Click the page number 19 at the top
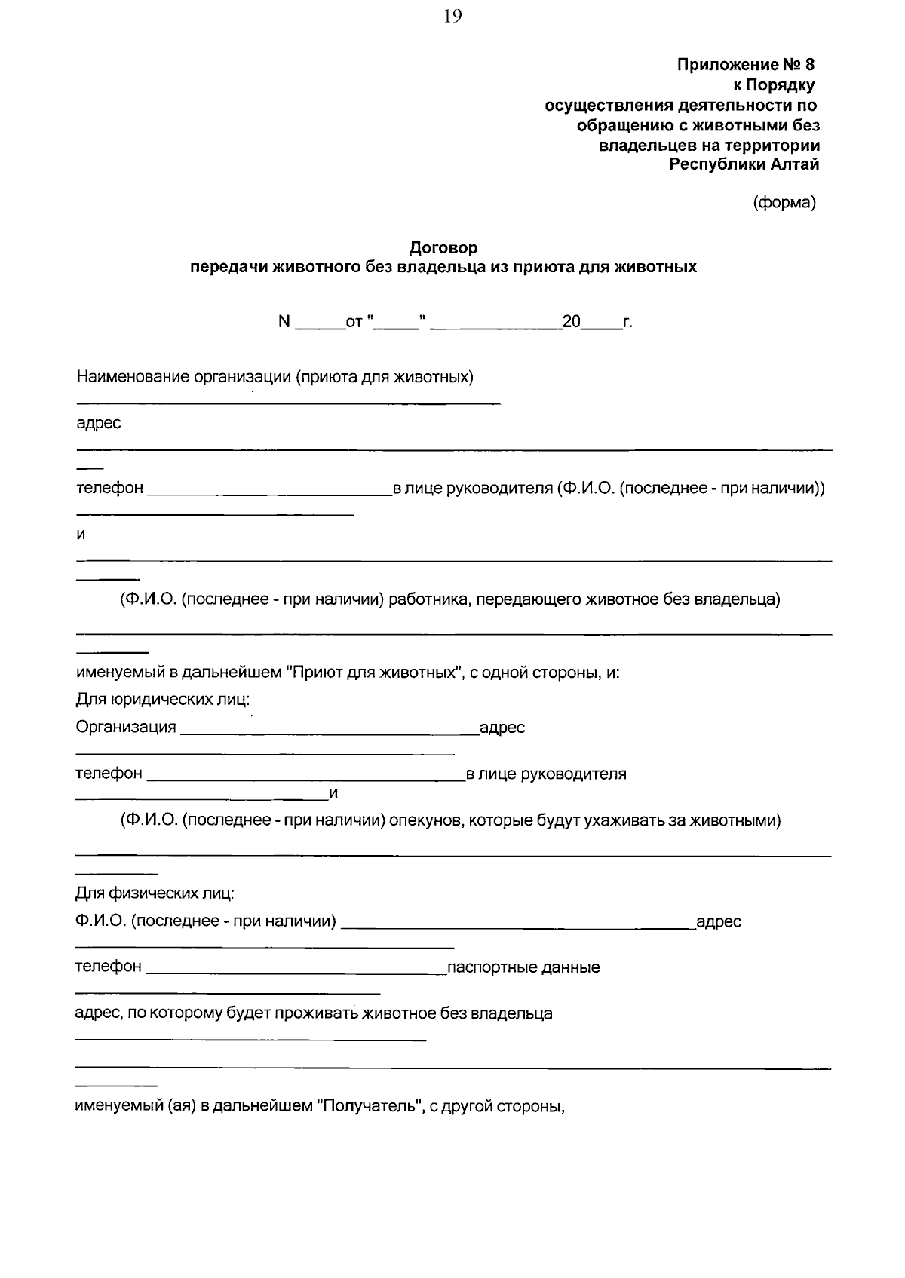coord(452,17)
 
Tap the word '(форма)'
coord(784,202)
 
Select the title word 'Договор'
coord(443,247)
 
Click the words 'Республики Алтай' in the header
coord(744,164)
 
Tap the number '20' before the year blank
coord(571,323)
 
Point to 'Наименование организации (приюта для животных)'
coord(275,377)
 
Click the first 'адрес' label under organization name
coord(99,423)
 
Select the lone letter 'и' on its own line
coord(81,535)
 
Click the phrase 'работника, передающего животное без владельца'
coord(584,599)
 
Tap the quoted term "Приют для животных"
coord(375,672)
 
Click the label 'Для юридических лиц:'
coord(162,700)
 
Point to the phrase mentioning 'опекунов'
coord(450,820)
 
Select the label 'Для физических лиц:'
coord(155,893)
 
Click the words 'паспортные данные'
coord(523,967)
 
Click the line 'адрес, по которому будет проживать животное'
coord(313,1013)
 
